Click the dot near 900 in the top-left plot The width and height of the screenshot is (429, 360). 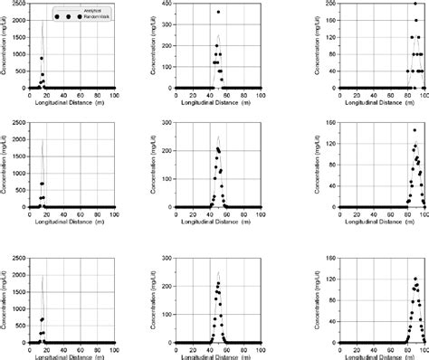tap(41, 58)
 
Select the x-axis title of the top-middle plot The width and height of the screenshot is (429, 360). tap(214, 103)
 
